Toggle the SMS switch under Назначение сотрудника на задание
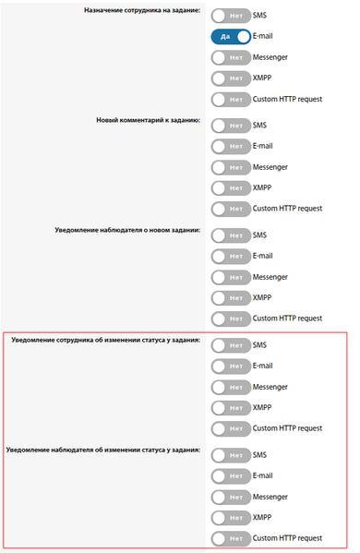[x=230, y=16]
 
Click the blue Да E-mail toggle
[x=230, y=37]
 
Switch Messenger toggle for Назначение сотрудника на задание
[x=230, y=57]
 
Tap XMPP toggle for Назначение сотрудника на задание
[x=230, y=78]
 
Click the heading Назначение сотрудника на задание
[x=148, y=11]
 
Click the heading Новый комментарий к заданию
[x=148, y=120]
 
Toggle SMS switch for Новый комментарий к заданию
[x=230, y=125]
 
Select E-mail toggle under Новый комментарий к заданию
[x=230, y=146]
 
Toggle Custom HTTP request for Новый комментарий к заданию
[x=230, y=209]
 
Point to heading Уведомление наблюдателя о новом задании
[x=127, y=229]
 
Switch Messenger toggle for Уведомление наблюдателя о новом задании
[x=230, y=277]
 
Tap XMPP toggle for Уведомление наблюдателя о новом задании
[x=230, y=297]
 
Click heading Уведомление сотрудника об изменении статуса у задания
[x=106, y=340]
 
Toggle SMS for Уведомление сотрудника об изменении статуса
[x=230, y=345]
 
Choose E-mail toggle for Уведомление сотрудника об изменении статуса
[x=230, y=366]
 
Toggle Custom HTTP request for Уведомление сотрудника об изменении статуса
[x=230, y=428]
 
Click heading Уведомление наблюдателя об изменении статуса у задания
[x=103, y=450]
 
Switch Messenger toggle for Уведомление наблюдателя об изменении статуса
[x=230, y=497]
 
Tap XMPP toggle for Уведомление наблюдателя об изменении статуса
[x=230, y=517]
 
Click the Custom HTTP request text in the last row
[x=287, y=538]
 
